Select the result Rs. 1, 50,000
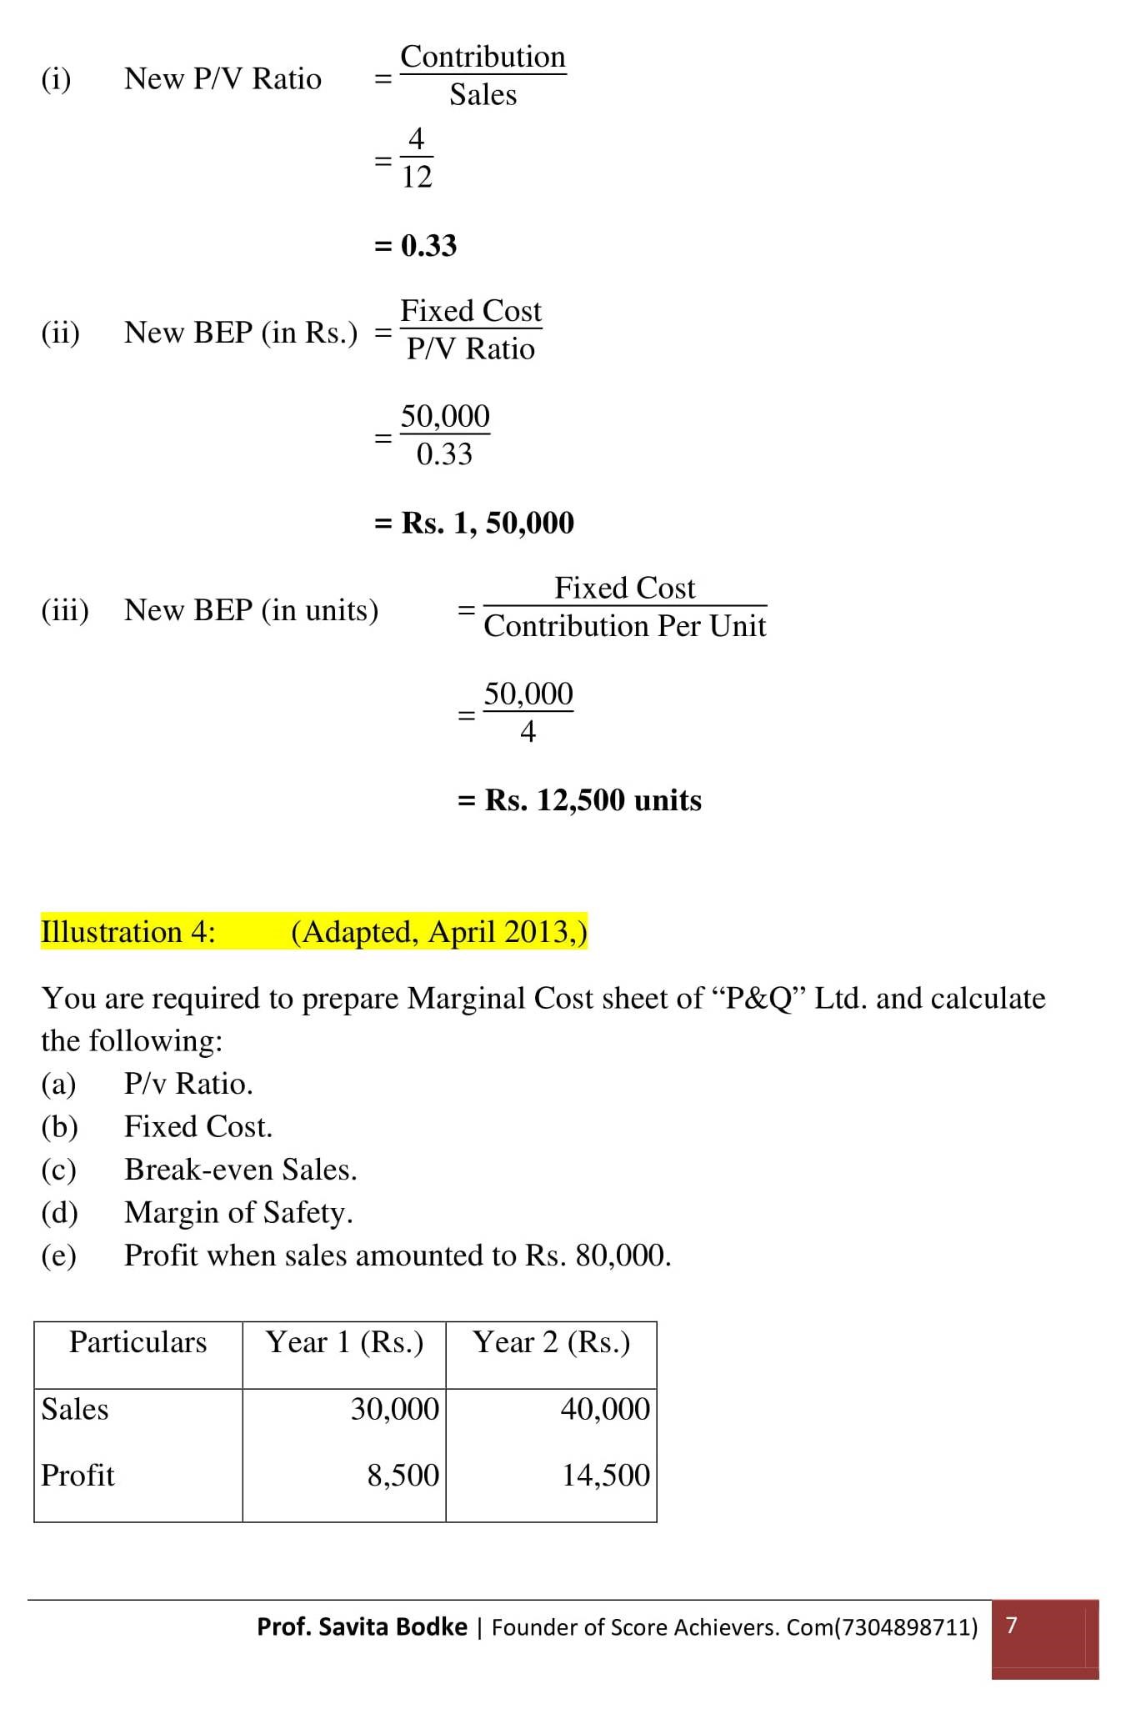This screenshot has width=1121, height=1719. [x=488, y=524]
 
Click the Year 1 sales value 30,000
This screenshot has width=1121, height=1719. [x=394, y=1409]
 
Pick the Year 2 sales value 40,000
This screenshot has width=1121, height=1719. [x=605, y=1409]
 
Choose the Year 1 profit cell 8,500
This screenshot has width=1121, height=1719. [x=403, y=1476]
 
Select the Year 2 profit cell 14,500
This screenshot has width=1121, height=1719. [x=605, y=1476]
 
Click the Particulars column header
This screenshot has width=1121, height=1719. [x=138, y=1342]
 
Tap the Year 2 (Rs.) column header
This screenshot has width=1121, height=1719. [x=551, y=1342]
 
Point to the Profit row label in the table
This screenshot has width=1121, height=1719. [x=78, y=1476]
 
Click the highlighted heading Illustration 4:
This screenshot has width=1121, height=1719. [x=128, y=932]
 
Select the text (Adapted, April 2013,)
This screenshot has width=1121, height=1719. [x=439, y=932]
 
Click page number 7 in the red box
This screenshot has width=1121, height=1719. [x=1012, y=1625]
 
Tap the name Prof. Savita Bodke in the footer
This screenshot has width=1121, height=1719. [x=362, y=1626]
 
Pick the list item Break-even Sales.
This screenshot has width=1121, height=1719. [x=240, y=1170]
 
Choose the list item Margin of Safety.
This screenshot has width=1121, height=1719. [x=238, y=1213]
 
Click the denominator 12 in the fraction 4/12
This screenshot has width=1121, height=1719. [x=417, y=177]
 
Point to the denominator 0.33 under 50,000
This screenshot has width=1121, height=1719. [x=444, y=454]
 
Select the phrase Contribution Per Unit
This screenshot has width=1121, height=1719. [x=624, y=626]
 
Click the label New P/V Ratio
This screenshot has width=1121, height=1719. [x=223, y=79]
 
